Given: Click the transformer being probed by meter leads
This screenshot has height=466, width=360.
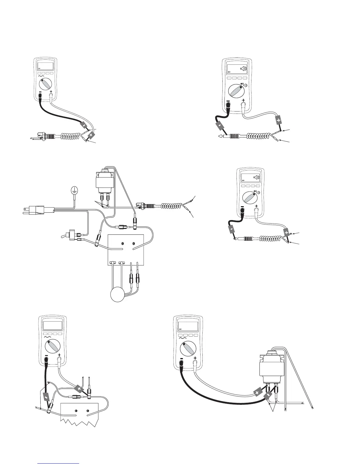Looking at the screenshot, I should [271, 367].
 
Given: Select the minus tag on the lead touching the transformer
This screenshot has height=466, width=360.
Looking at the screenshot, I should [268, 396].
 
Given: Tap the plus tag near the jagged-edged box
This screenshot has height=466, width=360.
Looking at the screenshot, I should [79, 389].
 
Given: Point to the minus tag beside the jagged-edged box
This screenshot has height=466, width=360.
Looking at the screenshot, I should [46, 397].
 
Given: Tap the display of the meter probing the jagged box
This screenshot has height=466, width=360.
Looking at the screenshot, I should [53, 325].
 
